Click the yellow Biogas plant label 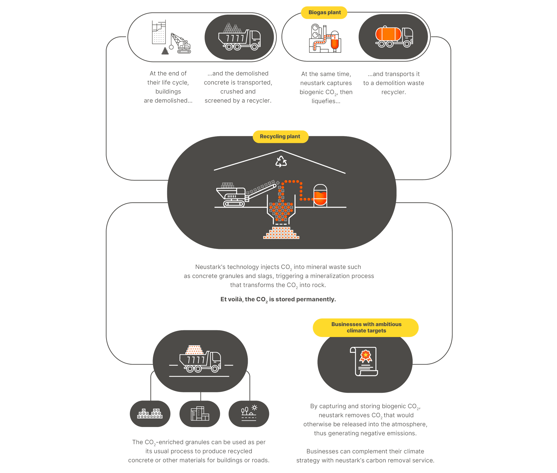(324, 13)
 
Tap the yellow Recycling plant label (280, 137)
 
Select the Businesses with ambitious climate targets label (366, 327)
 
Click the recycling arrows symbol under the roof (281, 161)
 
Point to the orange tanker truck (394, 37)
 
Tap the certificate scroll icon (364, 361)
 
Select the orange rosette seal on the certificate (366, 356)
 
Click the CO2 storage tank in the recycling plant (320, 196)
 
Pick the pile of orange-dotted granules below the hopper (281, 233)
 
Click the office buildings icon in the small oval (200, 413)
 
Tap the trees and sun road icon (249, 413)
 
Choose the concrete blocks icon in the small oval (150, 413)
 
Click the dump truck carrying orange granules (200, 359)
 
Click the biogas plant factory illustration (325, 38)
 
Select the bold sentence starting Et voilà (278, 299)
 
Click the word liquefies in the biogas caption (326, 101)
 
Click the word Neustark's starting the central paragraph (210, 267)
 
